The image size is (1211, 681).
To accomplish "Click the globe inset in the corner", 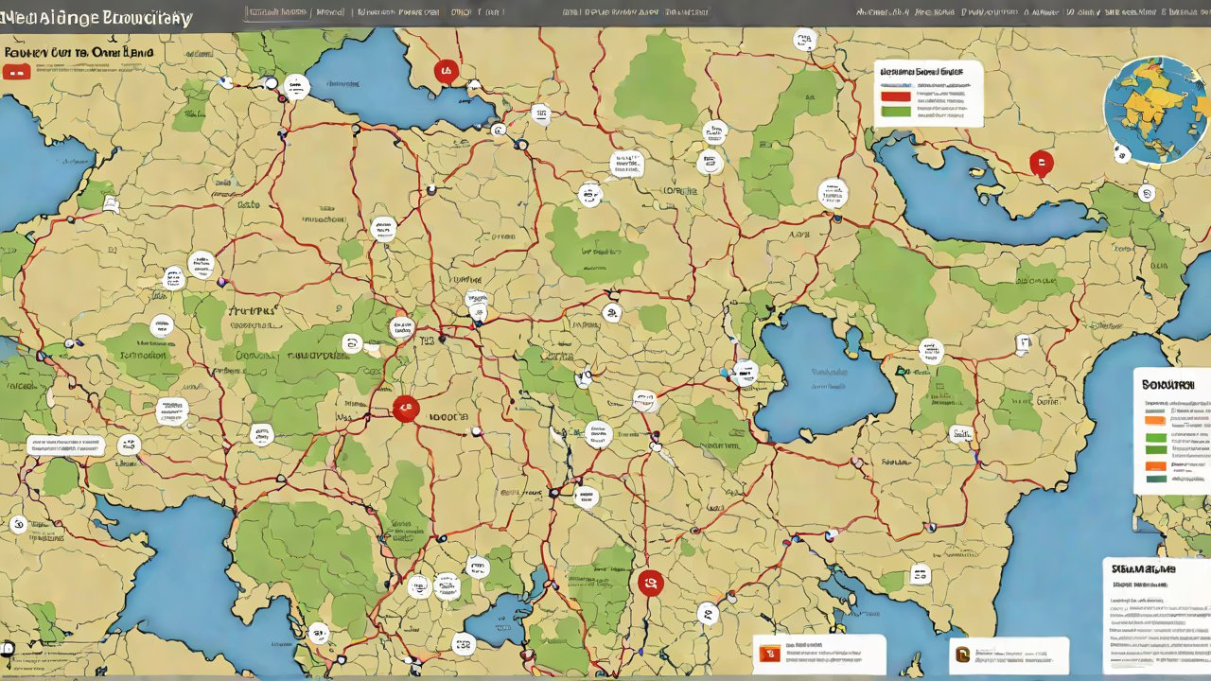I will [1155, 109].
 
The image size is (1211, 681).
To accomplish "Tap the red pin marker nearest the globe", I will [1041, 163].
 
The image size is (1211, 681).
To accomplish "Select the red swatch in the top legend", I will [895, 96].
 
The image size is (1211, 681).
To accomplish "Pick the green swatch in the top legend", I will [895, 111].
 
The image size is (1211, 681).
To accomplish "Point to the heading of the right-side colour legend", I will [1167, 385].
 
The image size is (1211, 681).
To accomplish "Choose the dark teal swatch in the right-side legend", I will [1155, 479].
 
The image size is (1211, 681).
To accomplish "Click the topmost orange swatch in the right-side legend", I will [1155, 419].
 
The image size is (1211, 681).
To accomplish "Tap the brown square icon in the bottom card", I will [963, 655].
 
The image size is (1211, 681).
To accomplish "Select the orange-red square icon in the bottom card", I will [768, 654].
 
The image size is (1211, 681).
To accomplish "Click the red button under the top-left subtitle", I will [16, 72].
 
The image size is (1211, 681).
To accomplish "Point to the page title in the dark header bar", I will [97, 18].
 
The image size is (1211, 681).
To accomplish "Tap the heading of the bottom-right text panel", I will [1144, 570].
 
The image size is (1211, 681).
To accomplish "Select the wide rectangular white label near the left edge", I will [65, 445].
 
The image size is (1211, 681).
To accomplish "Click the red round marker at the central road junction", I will [405, 409].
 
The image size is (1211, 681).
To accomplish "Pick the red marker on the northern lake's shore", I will [446, 71].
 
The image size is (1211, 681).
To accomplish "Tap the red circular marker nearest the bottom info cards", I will [650, 583].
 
